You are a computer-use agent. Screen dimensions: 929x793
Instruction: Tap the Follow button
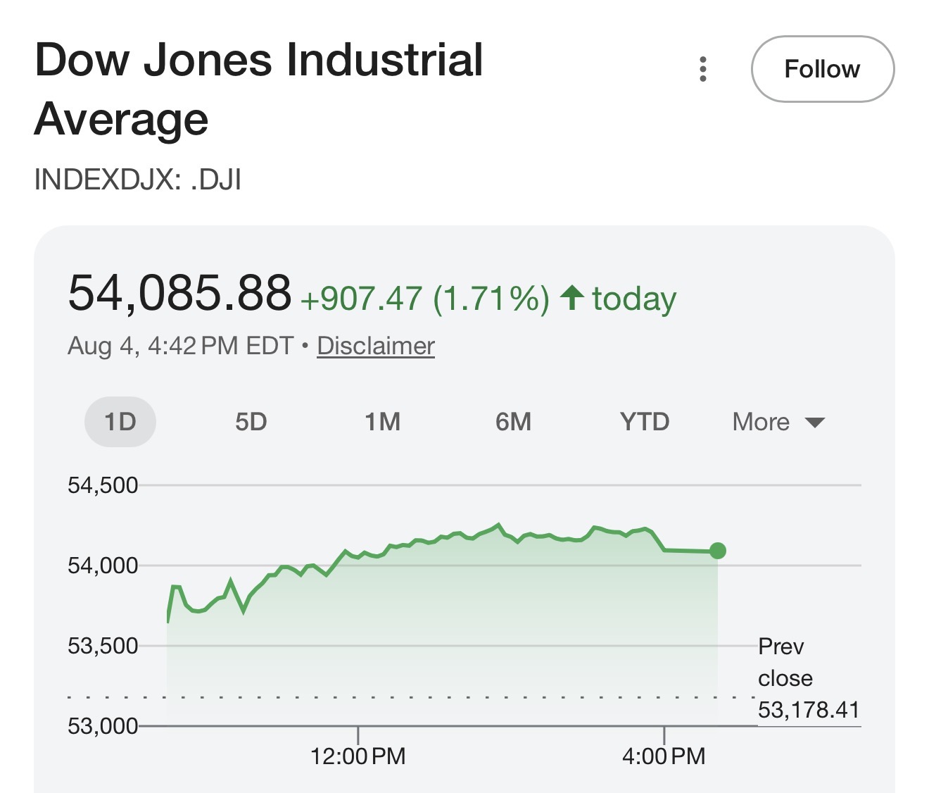823,69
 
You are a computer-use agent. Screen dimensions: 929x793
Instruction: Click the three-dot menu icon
703,69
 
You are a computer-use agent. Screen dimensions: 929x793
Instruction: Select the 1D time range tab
120,421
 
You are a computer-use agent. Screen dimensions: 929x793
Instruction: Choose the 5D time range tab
251,421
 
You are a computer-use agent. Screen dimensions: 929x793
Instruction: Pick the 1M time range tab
382,421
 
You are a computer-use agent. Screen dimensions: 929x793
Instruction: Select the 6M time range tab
513,421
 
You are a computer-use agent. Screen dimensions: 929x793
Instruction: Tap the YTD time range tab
645,421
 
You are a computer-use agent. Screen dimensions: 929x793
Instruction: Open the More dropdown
779,422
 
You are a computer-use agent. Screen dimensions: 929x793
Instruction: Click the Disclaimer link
376,346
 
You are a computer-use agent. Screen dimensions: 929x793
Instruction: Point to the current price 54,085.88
179,293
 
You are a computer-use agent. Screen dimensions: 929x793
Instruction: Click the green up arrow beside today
572,297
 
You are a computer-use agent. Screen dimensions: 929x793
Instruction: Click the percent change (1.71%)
491,298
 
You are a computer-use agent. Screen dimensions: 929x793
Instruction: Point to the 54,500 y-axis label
103,485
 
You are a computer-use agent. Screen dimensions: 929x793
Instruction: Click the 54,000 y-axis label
103,566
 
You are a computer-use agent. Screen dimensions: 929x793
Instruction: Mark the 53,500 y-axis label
103,646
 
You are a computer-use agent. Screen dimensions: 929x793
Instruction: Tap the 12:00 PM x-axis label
358,756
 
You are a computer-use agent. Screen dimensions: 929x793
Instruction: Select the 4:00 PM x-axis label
664,756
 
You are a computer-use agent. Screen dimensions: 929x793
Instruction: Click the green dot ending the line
718,551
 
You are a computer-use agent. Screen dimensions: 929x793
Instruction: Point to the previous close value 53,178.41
809,710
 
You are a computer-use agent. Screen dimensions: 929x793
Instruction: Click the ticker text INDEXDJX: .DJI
137,179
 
